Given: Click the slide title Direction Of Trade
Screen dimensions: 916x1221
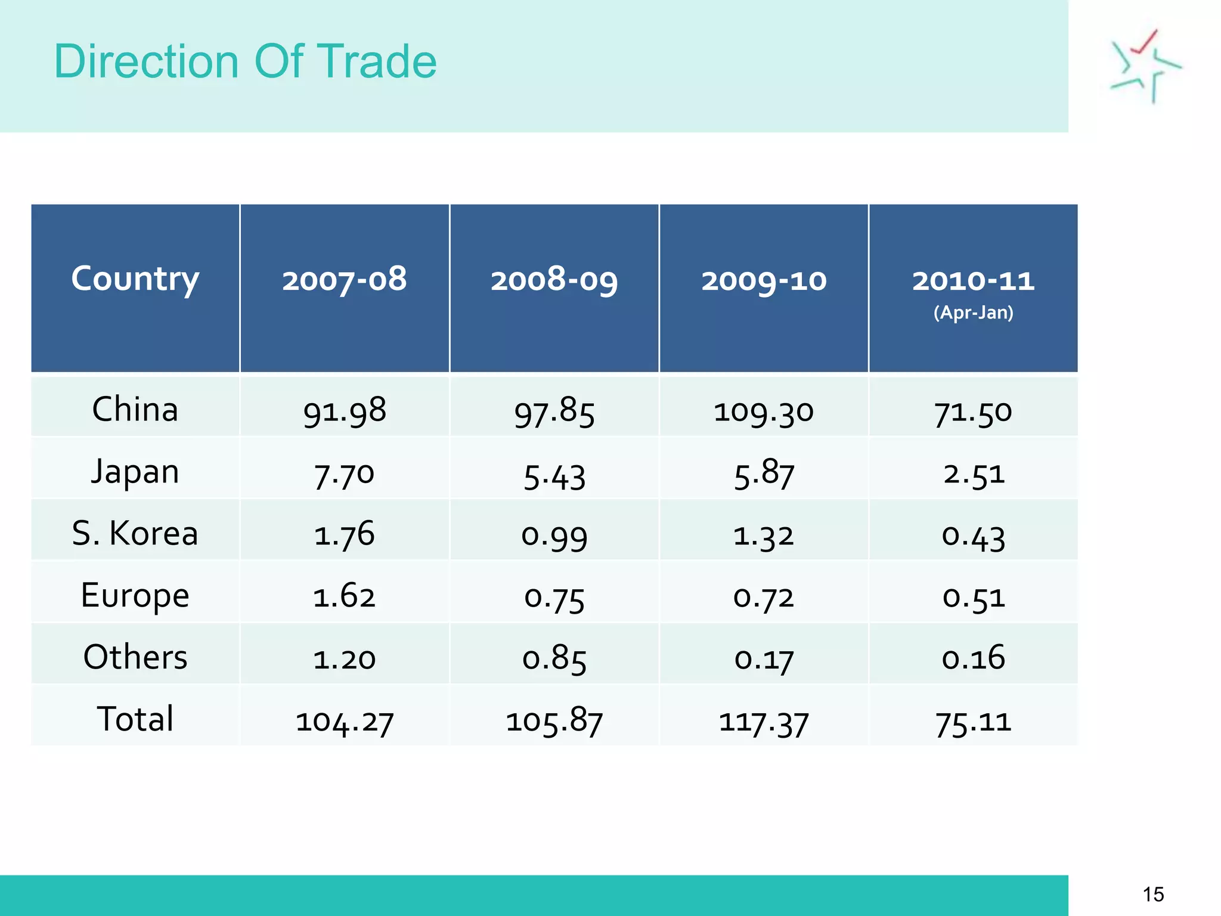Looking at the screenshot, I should click(x=245, y=61).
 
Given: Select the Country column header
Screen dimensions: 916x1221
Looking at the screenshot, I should click(x=135, y=278).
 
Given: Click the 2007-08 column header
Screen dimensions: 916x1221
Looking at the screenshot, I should click(x=345, y=280).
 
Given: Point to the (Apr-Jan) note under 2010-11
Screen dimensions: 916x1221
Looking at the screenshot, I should click(x=973, y=312).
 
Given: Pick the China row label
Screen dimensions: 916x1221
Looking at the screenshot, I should click(x=135, y=410).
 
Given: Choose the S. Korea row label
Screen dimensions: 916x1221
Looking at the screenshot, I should click(x=135, y=533).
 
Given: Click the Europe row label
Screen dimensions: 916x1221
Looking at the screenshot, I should click(x=135, y=595).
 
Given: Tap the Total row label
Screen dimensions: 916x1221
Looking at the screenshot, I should click(x=135, y=719).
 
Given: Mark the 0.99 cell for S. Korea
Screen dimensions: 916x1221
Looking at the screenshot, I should click(x=554, y=536).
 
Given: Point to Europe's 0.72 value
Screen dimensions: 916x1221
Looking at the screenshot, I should click(x=764, y=598).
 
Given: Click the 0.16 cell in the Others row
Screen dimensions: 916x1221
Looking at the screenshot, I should click(x=973, y=658).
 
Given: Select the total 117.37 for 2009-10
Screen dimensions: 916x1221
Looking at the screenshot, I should click(x=764, y=722).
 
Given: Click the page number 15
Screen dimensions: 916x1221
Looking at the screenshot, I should click(x=1153, y=895).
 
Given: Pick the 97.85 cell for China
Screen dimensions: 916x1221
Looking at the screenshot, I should click(x=554, y=412).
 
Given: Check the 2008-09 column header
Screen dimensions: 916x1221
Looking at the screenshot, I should click(x=554, y=280).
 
